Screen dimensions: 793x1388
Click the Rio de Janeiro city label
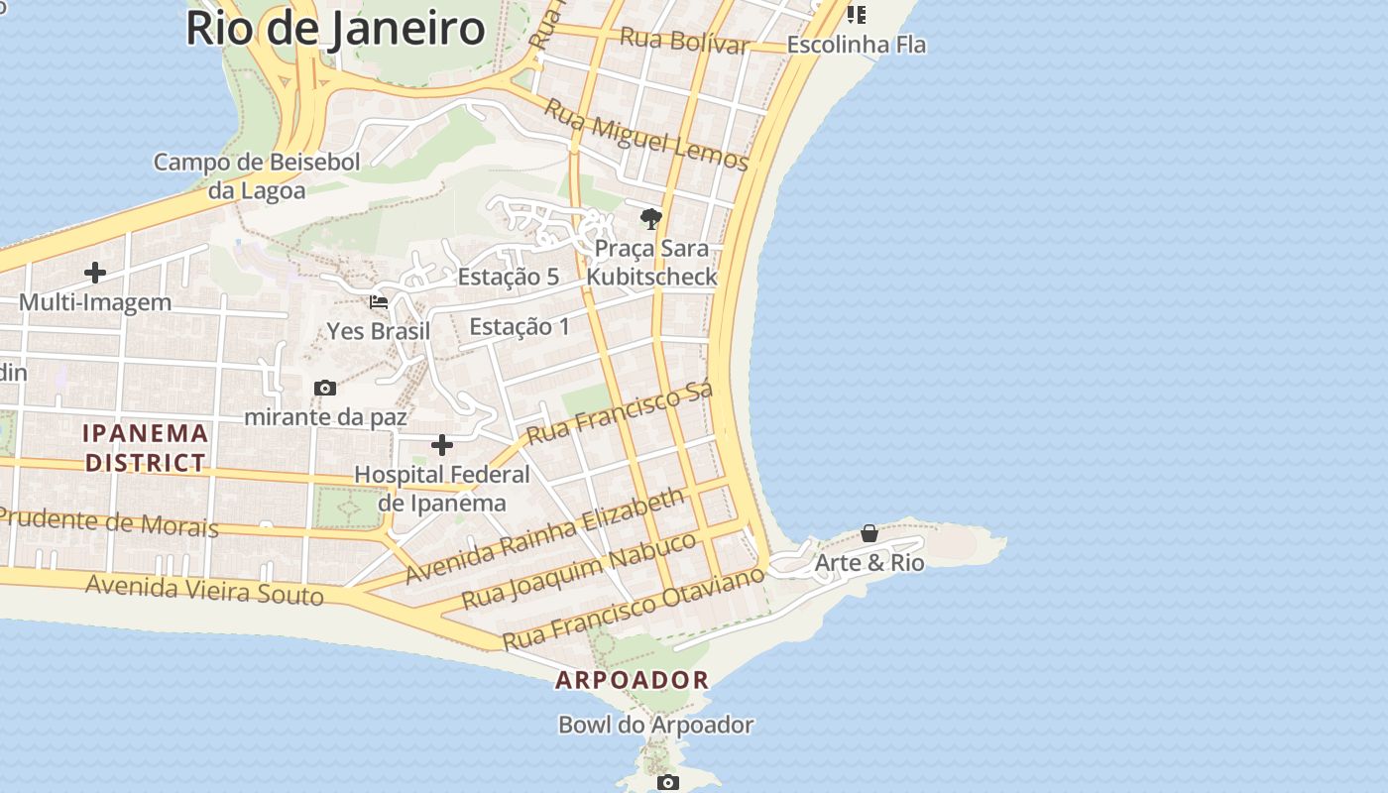(x=335, y=28)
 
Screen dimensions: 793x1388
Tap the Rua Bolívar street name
(x=684, y=41)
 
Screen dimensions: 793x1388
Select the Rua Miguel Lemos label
(x=646, y=137)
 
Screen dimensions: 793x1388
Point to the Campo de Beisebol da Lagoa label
(x=257, y=175)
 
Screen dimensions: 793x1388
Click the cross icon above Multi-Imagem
(x=95, y=272)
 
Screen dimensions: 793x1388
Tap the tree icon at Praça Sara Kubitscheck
(x=651, y=219)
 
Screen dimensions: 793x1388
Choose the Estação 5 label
(x=509, y=277)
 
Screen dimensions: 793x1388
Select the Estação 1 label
(x=520, y=326)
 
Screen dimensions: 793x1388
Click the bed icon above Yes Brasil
(x=379, y=301)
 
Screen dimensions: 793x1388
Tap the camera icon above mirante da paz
(x=325, y=388)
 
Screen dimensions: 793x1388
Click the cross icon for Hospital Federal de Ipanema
(x=442, y=445)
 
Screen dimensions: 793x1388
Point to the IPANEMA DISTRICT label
(x=146, y=447)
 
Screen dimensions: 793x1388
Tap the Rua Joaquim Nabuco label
(x=580, y=571)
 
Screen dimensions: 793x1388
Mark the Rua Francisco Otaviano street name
(x=635, y=608)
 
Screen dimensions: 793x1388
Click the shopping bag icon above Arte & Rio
(x=869, y=533)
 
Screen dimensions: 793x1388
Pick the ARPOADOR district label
(x=633, y=680)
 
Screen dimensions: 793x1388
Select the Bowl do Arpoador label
(x=656, y=725)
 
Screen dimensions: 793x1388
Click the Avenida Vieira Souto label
(x=204, y=589)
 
